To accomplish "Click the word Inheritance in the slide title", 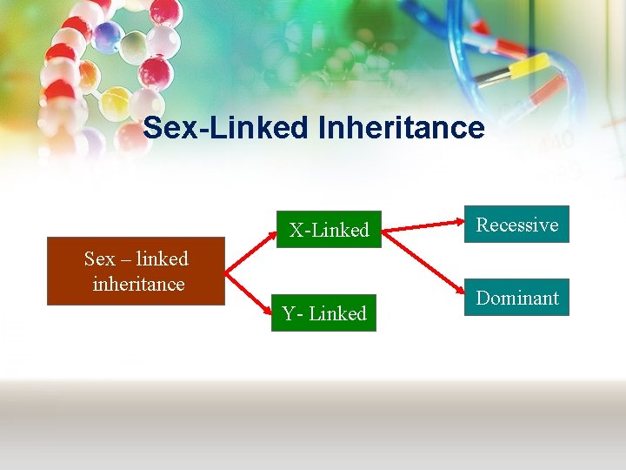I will (402, 128).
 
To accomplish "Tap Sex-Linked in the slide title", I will (225, 128).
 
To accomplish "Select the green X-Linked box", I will (329, 230).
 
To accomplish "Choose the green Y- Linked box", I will (324, 313).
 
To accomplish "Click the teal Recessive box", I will (516, 225).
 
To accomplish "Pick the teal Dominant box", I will (516, 298).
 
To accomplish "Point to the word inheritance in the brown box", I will (138, 284).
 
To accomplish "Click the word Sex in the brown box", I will (99, 258).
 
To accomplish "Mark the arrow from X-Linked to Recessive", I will (424, 227).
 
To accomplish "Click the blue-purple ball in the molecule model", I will (108, 35).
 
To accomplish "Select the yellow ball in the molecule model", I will (115, 104).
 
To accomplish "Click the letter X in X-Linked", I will (296, 231).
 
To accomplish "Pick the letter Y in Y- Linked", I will (289, 313).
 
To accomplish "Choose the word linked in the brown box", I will (162, 258).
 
